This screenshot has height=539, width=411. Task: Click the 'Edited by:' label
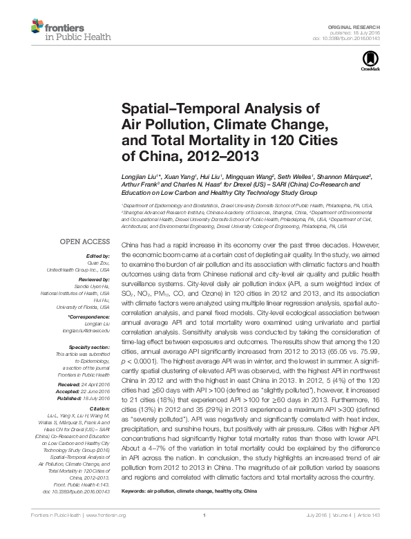(x=99, y=256)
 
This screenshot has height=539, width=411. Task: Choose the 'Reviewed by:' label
(x=95, y=276)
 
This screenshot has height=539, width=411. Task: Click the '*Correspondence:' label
(x=90, y=316)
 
